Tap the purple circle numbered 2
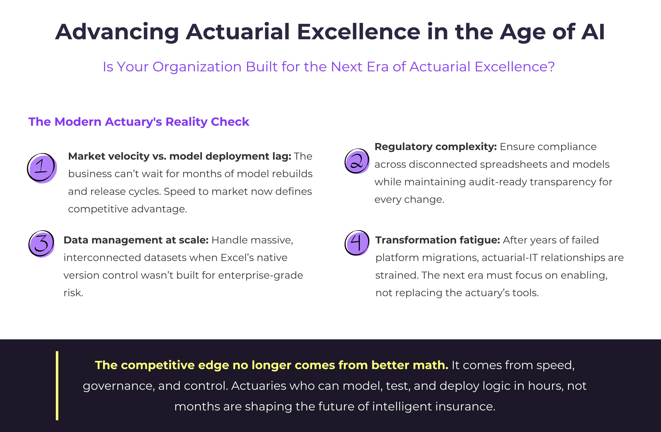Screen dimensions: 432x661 click(x=357, y=161)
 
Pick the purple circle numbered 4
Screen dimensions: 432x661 click(x=357, y=243)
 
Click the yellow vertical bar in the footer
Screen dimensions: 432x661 click(x=57, y=386)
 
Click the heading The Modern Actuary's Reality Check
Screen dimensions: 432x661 click(x=139, y=122)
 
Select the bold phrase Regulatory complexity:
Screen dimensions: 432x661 click(x=435, y=147)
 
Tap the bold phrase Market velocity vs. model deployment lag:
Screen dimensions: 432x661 click(x=179, y=156)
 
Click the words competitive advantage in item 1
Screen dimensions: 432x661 click(x=127, y=209)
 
